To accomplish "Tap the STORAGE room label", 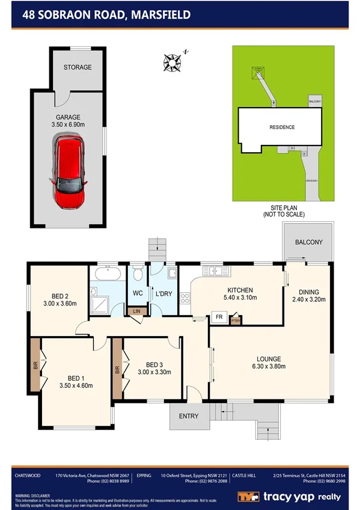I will click(x=78, y=67).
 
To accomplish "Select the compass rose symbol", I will click(x=172, y=61).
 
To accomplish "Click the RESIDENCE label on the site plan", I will click(x=281, y=127).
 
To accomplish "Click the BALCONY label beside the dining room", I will click(x=308, y=242).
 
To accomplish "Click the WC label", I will click(x=137, y=293).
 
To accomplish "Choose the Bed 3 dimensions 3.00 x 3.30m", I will click(x=154, y=372).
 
